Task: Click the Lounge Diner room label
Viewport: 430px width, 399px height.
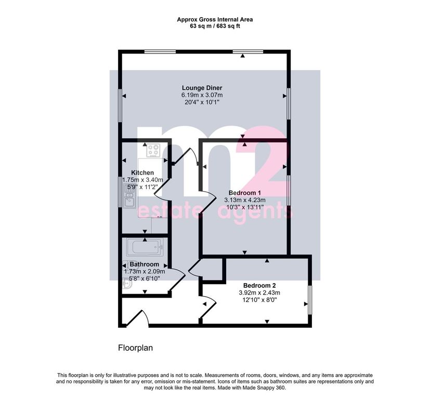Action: click(x=202, y=88)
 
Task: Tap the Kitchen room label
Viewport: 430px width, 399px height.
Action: click(x=142, y=172)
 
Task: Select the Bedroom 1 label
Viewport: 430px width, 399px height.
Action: click(x=244, y=193)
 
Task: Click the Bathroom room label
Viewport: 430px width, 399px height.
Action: click(x=144, y=264)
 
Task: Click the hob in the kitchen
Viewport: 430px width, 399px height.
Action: click(x=153, y=151)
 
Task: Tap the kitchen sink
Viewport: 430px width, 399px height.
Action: click(x=129, y=196)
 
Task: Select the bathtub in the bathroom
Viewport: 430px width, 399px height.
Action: click(x=145, y=247)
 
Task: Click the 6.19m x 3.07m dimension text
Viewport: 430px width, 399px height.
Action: click(x=202, y=95)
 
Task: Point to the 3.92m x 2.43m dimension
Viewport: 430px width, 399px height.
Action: click(x=259, y=292)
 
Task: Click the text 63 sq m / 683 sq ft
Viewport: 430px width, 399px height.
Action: click(x=215, y=26)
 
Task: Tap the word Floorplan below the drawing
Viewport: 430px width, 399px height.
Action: click(x=136, y=348)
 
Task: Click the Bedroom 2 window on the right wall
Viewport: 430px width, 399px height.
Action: click(x=309, y=300)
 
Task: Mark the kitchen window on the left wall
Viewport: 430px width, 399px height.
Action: click(x=120, y=192)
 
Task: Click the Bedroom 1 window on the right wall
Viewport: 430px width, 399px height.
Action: click(x=288, y=190)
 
